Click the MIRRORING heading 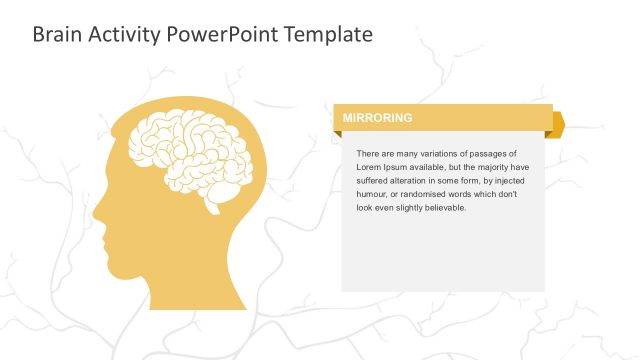coord(377,118)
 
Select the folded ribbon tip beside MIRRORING coord(558,123)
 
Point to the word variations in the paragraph coord(425,153)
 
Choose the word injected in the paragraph coord(506,181)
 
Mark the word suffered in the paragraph coord(374,181)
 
